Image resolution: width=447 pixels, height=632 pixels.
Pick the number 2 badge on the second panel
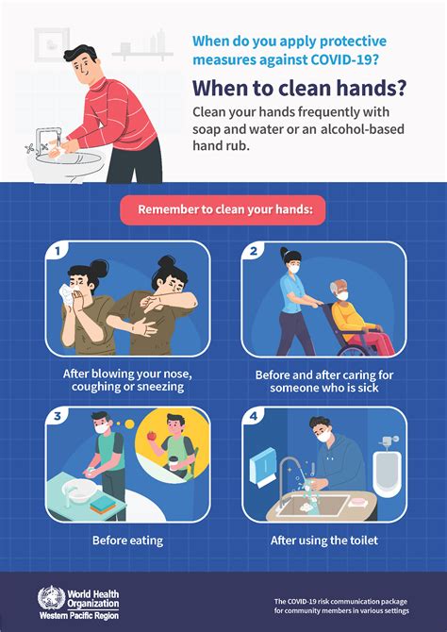254,251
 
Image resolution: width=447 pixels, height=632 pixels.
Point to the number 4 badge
254,414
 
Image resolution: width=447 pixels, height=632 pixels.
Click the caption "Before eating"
127,541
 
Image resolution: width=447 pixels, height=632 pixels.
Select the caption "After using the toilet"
323,541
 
